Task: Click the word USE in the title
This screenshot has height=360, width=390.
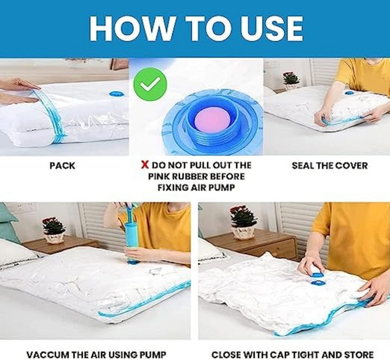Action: point(266,28)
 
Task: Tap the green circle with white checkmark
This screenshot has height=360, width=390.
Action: point(150,83)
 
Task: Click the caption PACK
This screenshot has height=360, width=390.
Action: point(62,166)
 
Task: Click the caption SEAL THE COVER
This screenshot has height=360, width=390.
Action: point(329,166)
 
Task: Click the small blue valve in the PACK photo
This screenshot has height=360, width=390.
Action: point(116,93)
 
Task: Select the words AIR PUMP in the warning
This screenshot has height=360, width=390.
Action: point(217,187)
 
